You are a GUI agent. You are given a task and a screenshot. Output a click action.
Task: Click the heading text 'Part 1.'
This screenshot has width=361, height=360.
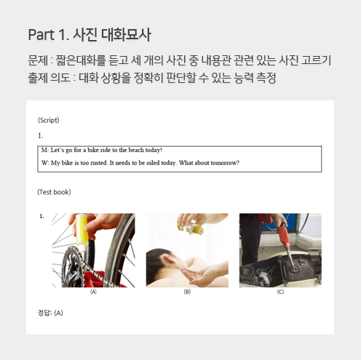49,35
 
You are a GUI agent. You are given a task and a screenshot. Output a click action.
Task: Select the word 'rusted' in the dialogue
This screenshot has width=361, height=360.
99,163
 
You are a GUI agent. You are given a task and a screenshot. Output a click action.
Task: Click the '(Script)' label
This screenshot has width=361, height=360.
49,120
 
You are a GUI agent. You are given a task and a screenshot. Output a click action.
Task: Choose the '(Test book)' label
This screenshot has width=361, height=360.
54,192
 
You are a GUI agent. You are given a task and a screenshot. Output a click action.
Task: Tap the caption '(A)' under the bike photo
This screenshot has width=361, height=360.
93,292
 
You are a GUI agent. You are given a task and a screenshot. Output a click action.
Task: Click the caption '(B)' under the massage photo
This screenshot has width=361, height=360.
187,292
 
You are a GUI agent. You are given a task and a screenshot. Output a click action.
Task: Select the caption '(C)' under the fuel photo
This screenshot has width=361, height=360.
280,292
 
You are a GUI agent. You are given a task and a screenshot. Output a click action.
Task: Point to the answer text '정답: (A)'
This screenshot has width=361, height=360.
50,313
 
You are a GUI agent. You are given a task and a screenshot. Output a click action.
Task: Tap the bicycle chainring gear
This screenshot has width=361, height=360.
72,267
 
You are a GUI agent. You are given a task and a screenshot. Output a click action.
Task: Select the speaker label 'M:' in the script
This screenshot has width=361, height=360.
45,150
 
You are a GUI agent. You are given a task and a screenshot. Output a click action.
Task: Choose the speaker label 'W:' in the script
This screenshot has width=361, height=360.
45,163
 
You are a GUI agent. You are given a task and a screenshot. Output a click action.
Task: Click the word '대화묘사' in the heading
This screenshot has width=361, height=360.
126,35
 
